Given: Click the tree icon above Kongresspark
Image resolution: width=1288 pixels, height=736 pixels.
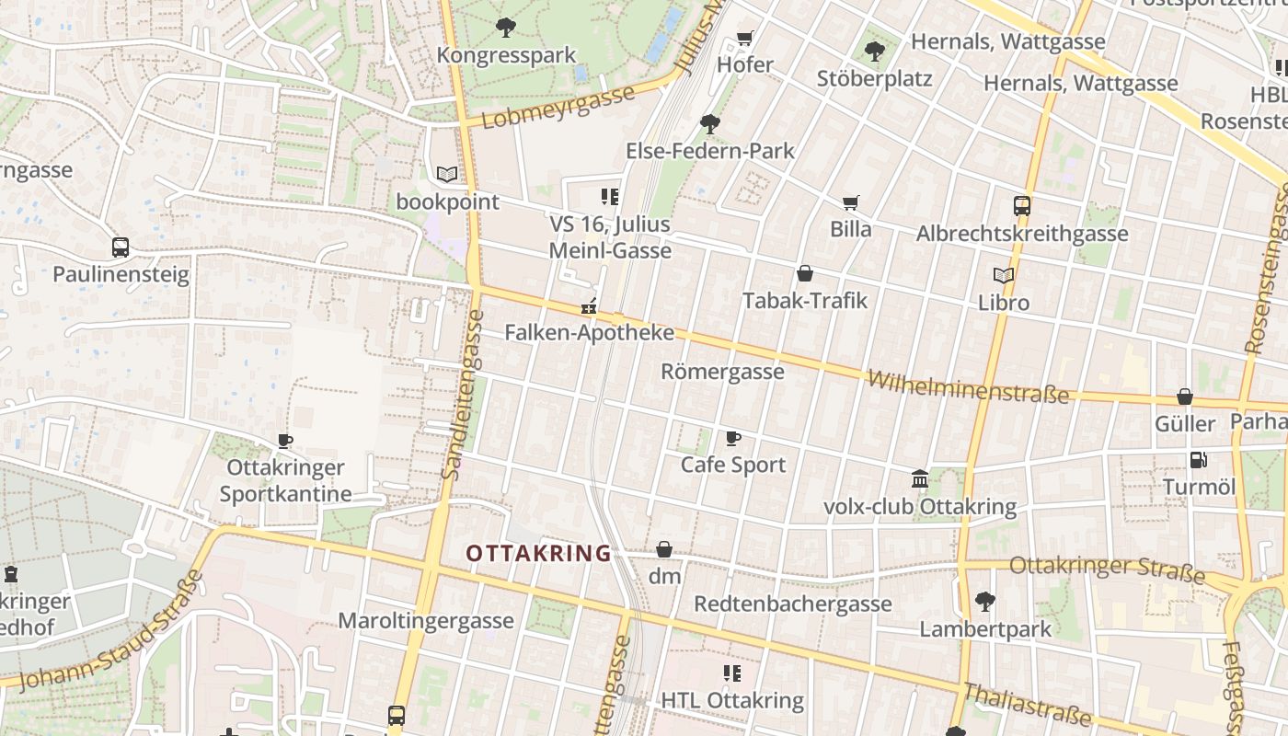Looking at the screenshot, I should point(505,28).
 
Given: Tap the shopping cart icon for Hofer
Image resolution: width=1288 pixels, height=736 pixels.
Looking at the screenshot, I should point(745,39).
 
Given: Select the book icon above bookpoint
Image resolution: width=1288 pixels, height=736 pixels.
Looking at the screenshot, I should point(447,174).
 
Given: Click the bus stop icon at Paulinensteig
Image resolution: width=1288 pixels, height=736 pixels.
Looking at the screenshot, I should point(121,247).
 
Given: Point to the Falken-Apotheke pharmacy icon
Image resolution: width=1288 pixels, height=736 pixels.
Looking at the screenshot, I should point(589,306).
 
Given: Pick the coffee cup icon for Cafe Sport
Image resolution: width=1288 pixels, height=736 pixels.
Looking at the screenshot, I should point(732,438).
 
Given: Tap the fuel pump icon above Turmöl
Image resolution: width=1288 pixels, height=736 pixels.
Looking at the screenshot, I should point(1198,459).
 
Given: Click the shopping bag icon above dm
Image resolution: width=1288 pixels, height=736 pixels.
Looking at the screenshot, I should point(664,549).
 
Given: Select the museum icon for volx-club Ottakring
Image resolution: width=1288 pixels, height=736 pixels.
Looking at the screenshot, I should point(919,478).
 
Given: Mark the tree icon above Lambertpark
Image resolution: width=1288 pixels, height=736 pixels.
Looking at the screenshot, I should point(984,602).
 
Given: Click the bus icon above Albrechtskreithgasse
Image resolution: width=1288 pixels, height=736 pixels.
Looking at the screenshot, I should point(1022,205).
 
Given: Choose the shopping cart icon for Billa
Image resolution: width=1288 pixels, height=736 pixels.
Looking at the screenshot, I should point(851,201).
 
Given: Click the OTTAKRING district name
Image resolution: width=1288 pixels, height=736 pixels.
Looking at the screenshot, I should point(538,553).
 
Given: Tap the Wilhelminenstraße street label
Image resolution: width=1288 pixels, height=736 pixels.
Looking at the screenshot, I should point(968,387).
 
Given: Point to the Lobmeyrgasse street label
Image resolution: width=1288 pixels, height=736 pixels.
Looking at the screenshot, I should point(558,107).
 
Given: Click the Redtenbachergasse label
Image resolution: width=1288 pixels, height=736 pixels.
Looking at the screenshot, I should point(792,604).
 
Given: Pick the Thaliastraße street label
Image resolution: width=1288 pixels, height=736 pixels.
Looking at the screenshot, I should point(1028,705).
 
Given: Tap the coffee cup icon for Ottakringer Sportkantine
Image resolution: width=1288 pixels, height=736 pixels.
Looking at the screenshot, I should point(285,441).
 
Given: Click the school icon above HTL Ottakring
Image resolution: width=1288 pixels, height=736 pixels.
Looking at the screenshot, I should point(732,673).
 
